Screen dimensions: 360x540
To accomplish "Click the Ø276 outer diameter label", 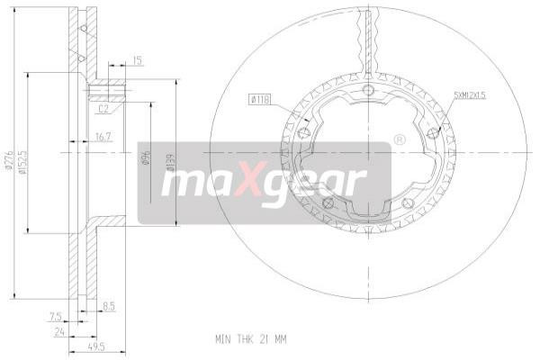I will pos(8,161).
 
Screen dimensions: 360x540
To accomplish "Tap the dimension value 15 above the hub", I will pos(137,60).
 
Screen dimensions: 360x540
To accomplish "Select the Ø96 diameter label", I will pos(145,161).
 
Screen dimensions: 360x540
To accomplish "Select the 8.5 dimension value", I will pos(110,305).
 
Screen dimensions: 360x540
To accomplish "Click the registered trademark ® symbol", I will pos(400,140).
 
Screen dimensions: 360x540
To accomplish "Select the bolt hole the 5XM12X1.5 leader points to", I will pos(434,132).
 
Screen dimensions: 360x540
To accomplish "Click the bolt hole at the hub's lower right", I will pos(409,203).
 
